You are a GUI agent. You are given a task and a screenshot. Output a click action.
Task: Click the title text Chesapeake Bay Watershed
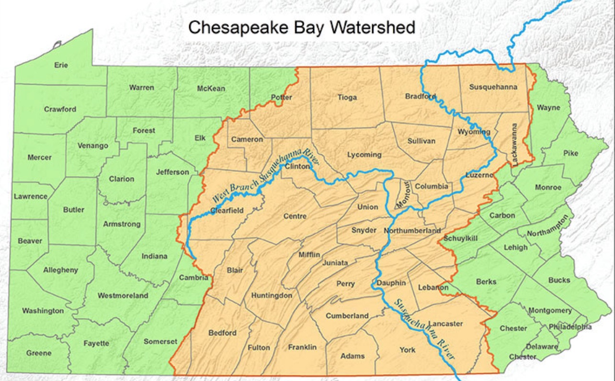(301, 27)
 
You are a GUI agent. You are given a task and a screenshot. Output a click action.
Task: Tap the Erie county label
(61, 65)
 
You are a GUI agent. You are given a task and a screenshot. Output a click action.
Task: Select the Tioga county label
(347, 97)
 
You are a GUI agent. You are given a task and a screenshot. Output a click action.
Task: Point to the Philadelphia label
(570, 327)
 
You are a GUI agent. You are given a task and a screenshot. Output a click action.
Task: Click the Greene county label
(39, 353)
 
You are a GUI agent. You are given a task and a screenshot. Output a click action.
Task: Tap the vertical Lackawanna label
(514, 145)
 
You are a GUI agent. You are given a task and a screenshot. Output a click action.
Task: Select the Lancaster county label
(445, 324)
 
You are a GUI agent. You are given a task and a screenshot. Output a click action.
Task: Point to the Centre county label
(295, 216)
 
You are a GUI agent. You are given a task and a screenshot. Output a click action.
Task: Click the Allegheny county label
(60, 270)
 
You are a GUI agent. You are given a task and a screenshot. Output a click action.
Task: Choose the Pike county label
(570, 153)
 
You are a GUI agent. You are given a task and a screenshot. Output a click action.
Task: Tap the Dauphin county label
(391, 283)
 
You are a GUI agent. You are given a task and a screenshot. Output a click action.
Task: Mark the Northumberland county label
(412, 231)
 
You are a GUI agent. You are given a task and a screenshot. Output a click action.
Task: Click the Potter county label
(281, 97)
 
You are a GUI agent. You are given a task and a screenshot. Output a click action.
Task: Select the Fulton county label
(259, 347)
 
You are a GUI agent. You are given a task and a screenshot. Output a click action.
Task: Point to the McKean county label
(211, 89)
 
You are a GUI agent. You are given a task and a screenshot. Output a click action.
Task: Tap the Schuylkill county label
(461, 238)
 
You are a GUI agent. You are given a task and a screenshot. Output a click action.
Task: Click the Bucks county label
(559, 280)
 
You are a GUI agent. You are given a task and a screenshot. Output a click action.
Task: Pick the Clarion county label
(121, 179)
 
